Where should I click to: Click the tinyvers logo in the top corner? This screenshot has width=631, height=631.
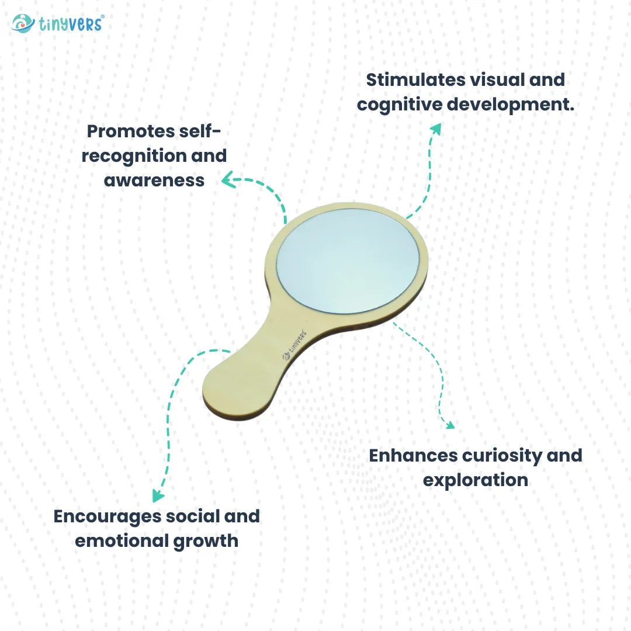tap(57, 23)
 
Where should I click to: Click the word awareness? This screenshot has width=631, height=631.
tap(154, 180)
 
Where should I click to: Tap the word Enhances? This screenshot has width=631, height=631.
tap(412, 455)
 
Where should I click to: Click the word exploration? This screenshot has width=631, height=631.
tap(475, 480)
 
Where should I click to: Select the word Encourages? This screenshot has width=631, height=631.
tap(107, 516)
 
